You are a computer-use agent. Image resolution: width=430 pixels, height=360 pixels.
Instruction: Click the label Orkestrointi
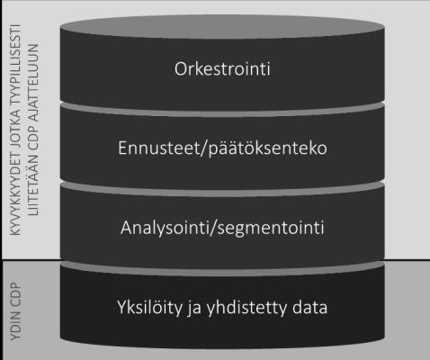pyautogui.click(x=222, y=68)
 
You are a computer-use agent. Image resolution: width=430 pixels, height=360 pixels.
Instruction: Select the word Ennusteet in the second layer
pyautogui.click(x=158, y=148)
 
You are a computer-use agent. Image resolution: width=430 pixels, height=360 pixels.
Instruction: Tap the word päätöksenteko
pyautogui.click(x=267, y=149)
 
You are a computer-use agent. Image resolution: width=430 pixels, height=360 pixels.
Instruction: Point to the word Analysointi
pyautogui.click(x=165, y=229)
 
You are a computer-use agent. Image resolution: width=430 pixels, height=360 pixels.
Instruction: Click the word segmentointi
pyautogui.click(x=271, y=229)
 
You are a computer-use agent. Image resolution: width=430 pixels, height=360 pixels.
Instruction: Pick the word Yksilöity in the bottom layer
pyautogui.click(x=149, y=308)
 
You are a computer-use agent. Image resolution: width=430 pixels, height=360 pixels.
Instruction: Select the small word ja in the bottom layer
pyautogui.click(x=194, y=309)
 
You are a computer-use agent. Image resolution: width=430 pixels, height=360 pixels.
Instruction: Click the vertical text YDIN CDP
pyautogui.click(x=15, y=311)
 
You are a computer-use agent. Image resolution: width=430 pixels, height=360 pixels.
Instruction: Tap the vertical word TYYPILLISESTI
pyautogui.click(x=15, y=64)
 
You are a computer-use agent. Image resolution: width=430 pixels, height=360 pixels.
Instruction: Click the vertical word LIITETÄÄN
pyautogui.click(x=33, y=185)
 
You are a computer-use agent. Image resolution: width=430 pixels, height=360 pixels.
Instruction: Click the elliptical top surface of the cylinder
pyautogui.click(x=222, y=27)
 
